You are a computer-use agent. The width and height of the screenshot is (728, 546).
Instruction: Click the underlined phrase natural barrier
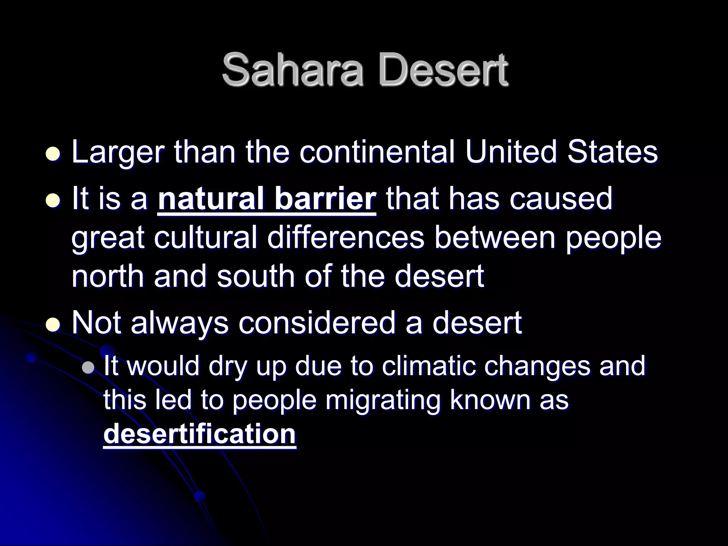tap(267, 199)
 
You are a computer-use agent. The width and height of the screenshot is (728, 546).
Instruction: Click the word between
tap(494, 237)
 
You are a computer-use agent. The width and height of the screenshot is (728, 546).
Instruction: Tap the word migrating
tap(382, 400)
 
